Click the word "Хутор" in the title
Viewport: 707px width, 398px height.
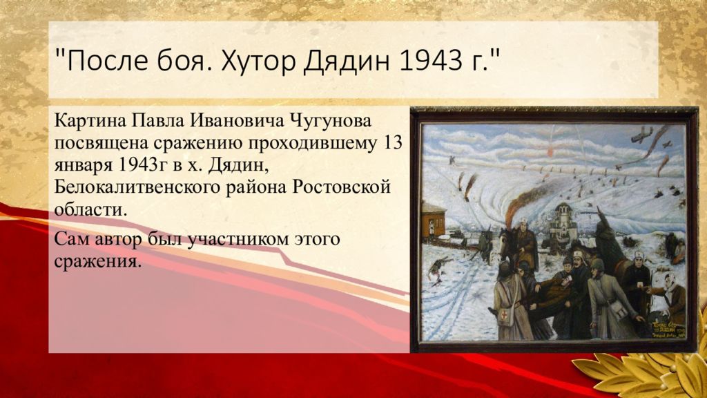click(258, 60)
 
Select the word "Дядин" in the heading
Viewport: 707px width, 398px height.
click(345, 61)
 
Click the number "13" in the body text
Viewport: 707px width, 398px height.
click(392, 143)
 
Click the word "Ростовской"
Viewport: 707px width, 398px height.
click(341, 187)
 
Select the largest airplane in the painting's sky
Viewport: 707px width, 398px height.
click(641, 134)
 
